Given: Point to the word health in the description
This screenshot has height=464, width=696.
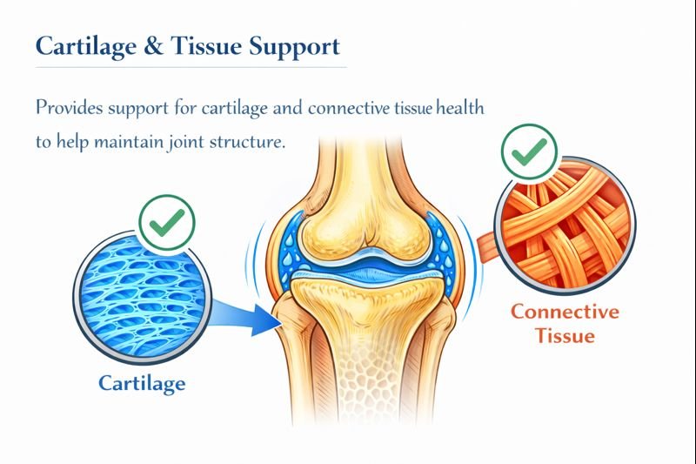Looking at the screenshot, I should coord(458,109).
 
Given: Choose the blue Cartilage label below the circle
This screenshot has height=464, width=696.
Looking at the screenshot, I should coord(141,382).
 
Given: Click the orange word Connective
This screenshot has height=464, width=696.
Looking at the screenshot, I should coord(565,312).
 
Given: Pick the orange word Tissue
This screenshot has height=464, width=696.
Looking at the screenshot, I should coord(565,335).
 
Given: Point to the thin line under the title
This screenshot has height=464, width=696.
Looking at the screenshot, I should coord(191,67).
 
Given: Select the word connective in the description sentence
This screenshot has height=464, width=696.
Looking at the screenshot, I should coord(344,109).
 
